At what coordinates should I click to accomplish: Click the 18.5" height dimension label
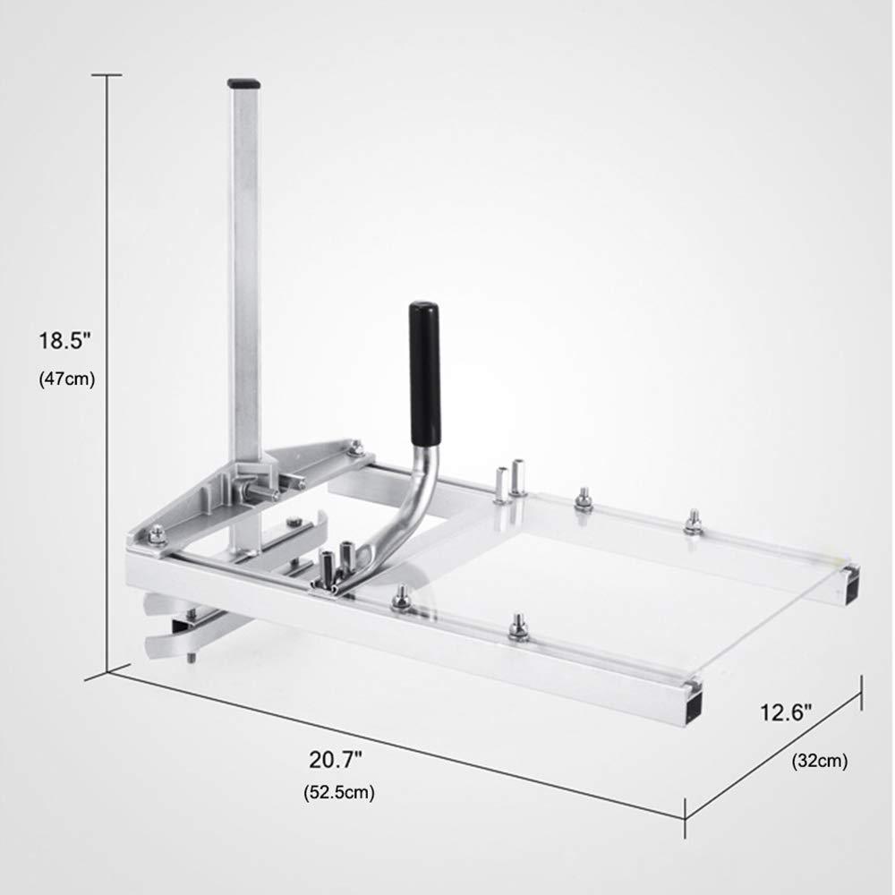[64, 341]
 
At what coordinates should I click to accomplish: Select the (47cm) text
[67, 379]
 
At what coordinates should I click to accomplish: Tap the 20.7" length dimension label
[336, 759]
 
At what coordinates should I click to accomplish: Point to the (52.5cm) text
[339, 792]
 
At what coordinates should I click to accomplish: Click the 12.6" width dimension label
[786, 712]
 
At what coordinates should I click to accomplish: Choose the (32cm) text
[820, 760]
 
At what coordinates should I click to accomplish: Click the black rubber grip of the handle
[424, 374]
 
